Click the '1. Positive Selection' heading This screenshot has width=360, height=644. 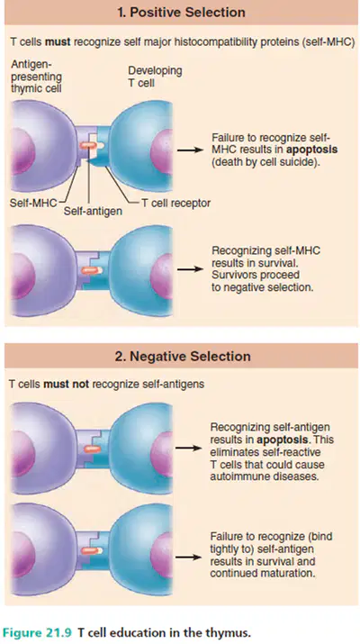pyautogui.click(x=181, y=12)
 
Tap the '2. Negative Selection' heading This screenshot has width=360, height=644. pyautogui.click(x=183, y=356)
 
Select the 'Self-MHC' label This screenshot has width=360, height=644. pyautogui.click(x=33, y=203)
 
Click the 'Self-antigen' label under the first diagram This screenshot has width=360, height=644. pyautogui.click(x=93, y=212)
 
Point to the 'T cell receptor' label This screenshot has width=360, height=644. pyautogui.click(x=176, y=203)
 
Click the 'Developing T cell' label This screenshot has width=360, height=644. pyautogui.click(x=155, y=77)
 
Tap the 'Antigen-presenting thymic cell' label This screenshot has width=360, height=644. pyautogui.click(x=37, y=77)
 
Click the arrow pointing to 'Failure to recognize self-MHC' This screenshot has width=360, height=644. pyautogui.click(x=191, y=150)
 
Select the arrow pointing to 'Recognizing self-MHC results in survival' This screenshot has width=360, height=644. pyautogui.click(x=191, y=269)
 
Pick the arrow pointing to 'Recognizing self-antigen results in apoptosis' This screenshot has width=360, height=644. pyautogui.click(x=189, y=448)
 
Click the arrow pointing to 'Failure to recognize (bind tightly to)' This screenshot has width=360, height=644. pyautogui.click(x=189, y=557)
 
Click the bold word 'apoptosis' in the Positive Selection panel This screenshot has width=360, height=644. pyautogui.click(x=312, y=150)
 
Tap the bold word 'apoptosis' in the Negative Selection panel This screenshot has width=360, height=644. pyautogui.click(x=283, y=440)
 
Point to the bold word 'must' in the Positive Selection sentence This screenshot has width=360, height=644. pyautogui.click(x=55, y=42)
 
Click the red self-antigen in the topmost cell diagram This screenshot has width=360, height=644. pyautogui.click(x=88, y=145)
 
